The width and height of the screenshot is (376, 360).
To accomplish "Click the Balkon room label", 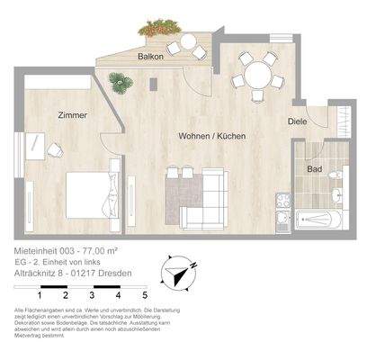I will pos(150,57).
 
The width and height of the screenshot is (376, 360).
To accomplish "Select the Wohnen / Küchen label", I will pos(211,136).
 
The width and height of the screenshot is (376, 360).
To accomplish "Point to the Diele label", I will pos(297,121).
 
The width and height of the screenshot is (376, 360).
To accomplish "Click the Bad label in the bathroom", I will pos(314,168).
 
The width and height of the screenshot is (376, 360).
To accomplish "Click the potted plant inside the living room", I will pos(120,83).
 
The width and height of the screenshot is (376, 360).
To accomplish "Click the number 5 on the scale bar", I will pos(145,294).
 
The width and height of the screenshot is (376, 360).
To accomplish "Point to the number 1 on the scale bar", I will pos(40,294).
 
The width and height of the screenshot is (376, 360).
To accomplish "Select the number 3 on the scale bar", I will pos(93,294).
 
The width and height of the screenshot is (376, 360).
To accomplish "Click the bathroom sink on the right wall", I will pos(336,193).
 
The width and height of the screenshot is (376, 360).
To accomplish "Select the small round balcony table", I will pos(188,40).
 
